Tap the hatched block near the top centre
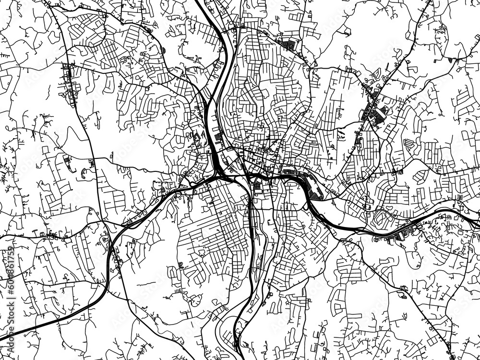289,46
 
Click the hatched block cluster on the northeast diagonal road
374,113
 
